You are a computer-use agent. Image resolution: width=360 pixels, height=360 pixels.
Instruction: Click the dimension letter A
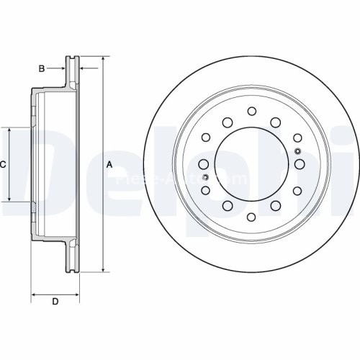tap(109, 164)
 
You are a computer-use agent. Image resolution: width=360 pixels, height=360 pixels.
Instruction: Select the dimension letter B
tap(42, 68)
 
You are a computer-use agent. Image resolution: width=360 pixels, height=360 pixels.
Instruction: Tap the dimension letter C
tap(3, 165)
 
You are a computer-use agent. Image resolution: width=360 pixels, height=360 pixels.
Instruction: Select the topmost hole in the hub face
tap(251, 111)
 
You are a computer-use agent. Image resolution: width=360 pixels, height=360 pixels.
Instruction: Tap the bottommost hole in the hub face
tap(251, 217)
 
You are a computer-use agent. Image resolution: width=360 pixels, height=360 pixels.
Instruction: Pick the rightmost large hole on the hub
tap(299, 163)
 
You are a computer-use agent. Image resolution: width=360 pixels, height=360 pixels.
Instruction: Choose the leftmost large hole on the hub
tap(204, 163)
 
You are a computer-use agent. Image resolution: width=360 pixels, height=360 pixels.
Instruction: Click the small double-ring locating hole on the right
tap(298, 150)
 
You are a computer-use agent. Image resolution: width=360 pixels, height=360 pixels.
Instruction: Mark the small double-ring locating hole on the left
tap(204, 177)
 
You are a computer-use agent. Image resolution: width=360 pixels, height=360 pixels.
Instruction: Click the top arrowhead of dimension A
tap(102, 58)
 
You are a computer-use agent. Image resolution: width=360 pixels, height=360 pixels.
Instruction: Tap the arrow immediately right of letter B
tap(61, 68)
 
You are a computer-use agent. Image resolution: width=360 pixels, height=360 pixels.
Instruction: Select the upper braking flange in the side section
tap(72, 72)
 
